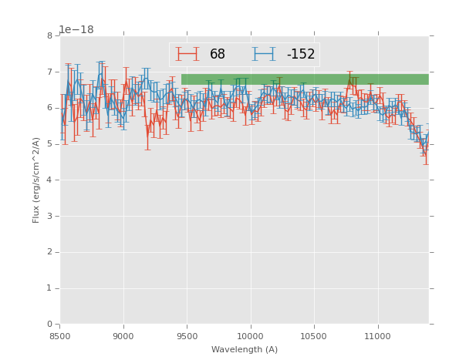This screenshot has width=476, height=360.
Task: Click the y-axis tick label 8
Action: (49, 35)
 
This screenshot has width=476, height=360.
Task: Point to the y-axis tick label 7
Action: (49, 72)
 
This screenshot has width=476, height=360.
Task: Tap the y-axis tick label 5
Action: (49, 144)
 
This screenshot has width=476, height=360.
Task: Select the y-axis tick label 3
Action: (49, 216)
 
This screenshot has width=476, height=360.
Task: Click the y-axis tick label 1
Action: (49, 288)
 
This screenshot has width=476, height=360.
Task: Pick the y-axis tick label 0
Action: (49, 325)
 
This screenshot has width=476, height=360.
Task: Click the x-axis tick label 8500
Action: (60, 336)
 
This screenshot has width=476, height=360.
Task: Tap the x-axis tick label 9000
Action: (123, 336)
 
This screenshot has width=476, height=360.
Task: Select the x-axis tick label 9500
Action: (187, 336)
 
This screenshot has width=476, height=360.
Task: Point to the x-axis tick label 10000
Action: (251, 336)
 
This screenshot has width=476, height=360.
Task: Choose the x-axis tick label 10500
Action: (314, 336)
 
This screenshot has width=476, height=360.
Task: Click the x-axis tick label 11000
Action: (378, 336)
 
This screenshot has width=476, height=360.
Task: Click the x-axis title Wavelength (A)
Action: (245, 350)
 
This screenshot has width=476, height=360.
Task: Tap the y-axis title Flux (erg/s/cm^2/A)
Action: (36, 180)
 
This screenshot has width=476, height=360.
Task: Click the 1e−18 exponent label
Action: (76, 30)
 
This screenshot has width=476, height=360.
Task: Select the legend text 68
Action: (218, 55)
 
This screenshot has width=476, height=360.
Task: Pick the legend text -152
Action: (300, 55)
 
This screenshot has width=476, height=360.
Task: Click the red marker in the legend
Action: (187, 54)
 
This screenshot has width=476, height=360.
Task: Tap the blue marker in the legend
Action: (264, 54)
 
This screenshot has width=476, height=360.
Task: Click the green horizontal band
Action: (305, 79)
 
